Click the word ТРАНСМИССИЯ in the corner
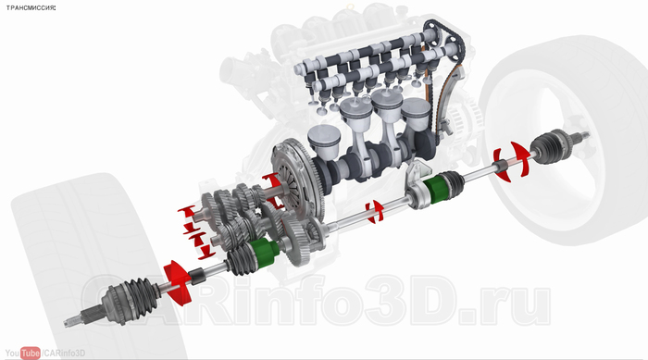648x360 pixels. pyautogui.click(x=31, y=7)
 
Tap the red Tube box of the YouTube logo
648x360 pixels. pyautogui.click(x=31, y=354)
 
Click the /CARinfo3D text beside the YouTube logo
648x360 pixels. pyautogui.click(x=63, y=354)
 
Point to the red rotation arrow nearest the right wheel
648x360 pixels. pyautogui.click(x=513, y=161)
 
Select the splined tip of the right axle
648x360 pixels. pyautogui.click(x=582, y=135)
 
